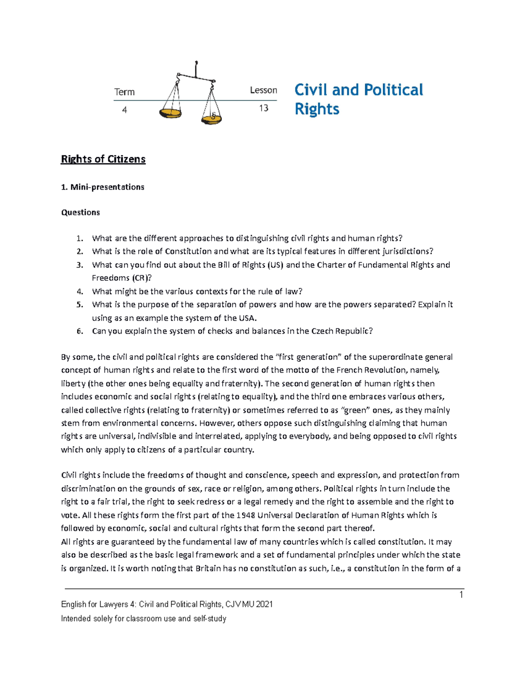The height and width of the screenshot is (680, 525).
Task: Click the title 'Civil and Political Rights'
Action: (x=358, y=99)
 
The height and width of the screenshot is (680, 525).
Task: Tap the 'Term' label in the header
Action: (x=124, y=92)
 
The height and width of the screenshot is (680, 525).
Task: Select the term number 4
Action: (x=125, y=110)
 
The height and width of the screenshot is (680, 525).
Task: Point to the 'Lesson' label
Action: (x=263, y=90)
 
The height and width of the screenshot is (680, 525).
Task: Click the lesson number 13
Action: (x=263, y=108)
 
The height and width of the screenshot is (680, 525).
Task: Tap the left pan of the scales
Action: (x=170, y=113)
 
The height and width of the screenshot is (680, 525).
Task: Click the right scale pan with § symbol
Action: (x=212, y=117)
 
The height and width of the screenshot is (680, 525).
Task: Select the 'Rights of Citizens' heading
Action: (x=103, y=159)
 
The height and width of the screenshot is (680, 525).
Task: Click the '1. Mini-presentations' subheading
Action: (x=102, y=187)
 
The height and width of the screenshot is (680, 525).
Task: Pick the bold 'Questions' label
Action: (x=80, y=212)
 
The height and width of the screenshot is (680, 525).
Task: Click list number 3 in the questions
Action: (x=79, y=265)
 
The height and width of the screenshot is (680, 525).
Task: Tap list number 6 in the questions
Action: (x=79, y=331)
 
